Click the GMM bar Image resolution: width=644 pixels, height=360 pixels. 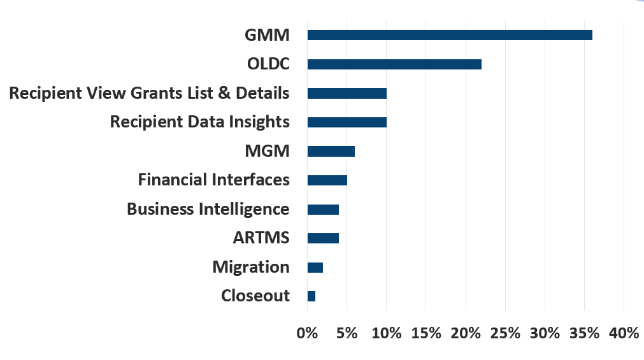click(x=450, y=35)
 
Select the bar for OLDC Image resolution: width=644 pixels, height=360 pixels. click(x=394, y=64)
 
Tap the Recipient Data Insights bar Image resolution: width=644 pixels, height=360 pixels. click(x=347, y=122)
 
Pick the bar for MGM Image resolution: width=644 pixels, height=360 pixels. click(x=331, y=151)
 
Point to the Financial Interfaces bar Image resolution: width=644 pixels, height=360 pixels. click(x=327, y=180)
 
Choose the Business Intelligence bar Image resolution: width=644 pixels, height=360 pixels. click(x=323, y=210)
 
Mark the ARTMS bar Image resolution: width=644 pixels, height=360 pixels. click(x=323, y=238)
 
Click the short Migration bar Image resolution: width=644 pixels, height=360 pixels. click(x=315, y=267)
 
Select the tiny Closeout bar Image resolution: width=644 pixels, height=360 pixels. click(x=311, y=296)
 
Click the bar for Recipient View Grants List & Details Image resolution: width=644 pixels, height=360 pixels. click(x=347, y=94)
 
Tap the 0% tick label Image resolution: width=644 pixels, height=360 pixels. click(x=307, y=333)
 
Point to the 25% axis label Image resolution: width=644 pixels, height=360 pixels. click(x=505, y=333)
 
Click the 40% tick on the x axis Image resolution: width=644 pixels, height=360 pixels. click(x=624, y=333)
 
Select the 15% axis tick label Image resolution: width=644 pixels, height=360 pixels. click(x=426, y=333)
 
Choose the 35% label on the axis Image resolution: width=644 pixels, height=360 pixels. click(x=584, y=333)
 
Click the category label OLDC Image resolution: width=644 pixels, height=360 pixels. click(x=268, y=64)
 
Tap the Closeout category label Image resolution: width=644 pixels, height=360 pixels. click(x=255, y=296)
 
